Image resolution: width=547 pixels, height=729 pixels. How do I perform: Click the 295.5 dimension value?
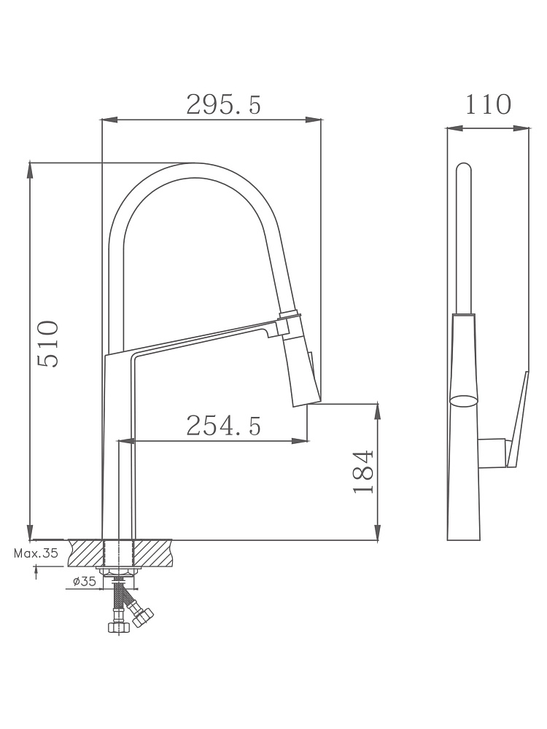pos(224,104)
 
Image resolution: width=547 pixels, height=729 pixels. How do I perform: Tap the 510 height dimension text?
pos(48,344)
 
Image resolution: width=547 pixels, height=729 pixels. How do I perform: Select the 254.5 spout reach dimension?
pos(224,426)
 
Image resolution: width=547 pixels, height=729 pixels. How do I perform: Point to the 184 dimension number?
pos(363,472)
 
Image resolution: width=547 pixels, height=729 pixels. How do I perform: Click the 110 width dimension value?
pos(489,104)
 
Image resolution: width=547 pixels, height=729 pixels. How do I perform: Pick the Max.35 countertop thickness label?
pos(36,553)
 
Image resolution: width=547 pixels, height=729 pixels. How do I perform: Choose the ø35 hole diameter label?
pos(84,581)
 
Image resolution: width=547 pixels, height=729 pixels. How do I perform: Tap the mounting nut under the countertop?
pos(119,571)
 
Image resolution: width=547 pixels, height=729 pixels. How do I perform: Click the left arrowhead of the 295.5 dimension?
pos(109,120)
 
